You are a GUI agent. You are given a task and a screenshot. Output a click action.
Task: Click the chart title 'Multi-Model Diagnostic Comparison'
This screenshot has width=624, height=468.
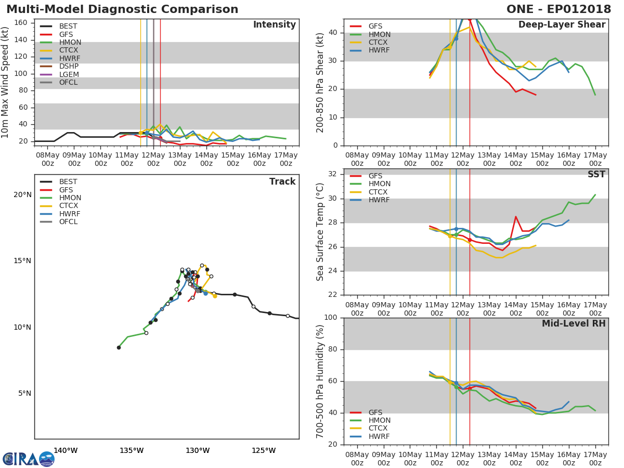coord(122,9)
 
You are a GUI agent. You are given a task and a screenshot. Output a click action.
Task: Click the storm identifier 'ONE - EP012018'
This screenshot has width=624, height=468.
coord(559,9)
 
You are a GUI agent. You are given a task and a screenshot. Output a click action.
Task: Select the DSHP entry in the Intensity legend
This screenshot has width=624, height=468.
coord(69,66)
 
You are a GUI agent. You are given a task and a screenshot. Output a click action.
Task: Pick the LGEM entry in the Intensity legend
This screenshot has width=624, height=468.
coord(69,74)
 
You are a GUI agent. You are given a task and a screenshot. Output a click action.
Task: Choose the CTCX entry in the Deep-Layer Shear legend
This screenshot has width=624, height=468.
coord(379,43)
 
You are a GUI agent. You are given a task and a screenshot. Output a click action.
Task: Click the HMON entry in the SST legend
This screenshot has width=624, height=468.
coord(379,184)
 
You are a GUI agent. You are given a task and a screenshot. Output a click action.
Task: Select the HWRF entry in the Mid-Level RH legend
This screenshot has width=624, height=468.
coord(379,436)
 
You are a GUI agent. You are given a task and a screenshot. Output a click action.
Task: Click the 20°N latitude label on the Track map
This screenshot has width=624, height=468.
coord(22,195)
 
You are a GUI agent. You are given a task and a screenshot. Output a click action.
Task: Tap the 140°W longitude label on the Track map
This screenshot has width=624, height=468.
coord(66,450)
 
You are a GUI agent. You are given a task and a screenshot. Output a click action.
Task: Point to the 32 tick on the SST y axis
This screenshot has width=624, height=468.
coord(333,174)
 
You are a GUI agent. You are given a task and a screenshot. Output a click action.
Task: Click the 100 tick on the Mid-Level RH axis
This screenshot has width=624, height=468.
coord(331,318)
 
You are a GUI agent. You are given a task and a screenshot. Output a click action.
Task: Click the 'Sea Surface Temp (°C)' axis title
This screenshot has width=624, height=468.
coord(320,232)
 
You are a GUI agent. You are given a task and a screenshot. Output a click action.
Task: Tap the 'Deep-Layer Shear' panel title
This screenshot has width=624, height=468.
coord(562,25)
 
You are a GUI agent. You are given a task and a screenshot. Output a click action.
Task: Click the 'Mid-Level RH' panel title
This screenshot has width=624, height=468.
coord(574,323)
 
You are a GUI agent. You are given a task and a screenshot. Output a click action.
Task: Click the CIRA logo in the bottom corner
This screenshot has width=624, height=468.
coord(29,459)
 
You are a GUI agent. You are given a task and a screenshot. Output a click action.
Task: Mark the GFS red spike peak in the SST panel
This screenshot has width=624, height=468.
coord(515,216)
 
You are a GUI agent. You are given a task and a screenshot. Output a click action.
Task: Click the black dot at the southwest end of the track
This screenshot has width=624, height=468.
coord(119,347)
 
